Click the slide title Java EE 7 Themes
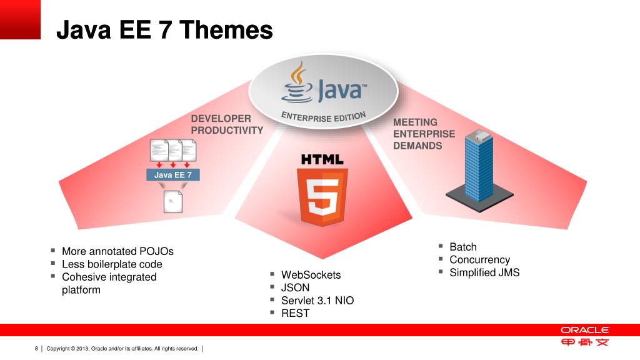click(x=164, y=29)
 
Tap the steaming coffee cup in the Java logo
click(x=296, y=84)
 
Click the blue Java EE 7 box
click(x=173, y=175)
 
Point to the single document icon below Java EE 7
click(x=172, y=201)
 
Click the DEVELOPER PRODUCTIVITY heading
click(x=227, y=124)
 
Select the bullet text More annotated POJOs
click(x=117, y=251)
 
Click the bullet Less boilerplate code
click(x=112, y=264)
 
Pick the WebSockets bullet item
click(x=311, y=275)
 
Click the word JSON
click(x=295, y=287)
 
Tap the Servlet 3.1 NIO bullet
click(x=317, y=301)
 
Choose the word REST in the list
click(x=295, y=313)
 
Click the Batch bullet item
click(x=462, y=247)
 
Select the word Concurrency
click(x=479, y=259)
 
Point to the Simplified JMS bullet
click(x=484, y=272)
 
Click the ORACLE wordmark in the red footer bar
click(x=584, y=330)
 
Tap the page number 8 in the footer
click(x=36, y=348)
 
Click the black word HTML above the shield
click(x=322, y=159)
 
